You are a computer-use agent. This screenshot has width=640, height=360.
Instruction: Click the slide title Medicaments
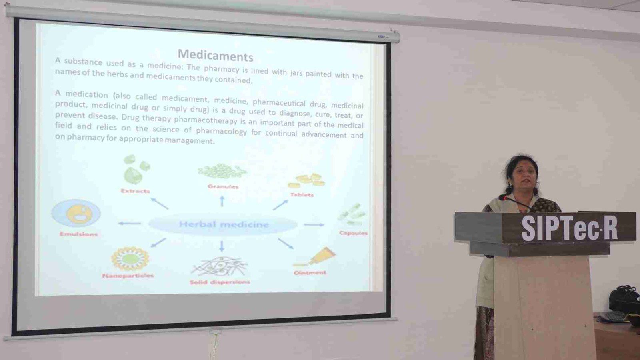(216, 55)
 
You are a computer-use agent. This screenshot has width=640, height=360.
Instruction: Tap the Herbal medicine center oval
(223, 225)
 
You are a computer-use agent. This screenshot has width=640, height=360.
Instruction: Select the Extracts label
(135, 191)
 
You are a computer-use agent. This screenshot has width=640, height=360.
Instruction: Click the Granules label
(223, 186)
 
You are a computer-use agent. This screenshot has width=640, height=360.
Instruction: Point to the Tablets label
(302, 195)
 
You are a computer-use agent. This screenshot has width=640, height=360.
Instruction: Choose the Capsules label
(353, 233)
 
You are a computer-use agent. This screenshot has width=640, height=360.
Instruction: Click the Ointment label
(310, 272)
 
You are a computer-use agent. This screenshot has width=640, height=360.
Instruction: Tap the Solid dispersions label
(220, 282)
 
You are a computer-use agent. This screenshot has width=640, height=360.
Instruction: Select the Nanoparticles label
(128, 276)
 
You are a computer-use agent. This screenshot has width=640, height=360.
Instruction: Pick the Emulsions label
(78, 234)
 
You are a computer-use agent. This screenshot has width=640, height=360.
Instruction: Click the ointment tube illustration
(315, 256)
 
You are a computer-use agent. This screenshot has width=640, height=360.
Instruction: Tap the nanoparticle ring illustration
(130, 258)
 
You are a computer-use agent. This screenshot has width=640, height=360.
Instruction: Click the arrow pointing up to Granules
(222, 201)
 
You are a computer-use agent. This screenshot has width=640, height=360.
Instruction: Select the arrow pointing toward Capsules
(314, 225)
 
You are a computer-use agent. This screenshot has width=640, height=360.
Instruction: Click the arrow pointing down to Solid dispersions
(222, 246)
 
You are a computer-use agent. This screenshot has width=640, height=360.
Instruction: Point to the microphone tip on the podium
(502, 197)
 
